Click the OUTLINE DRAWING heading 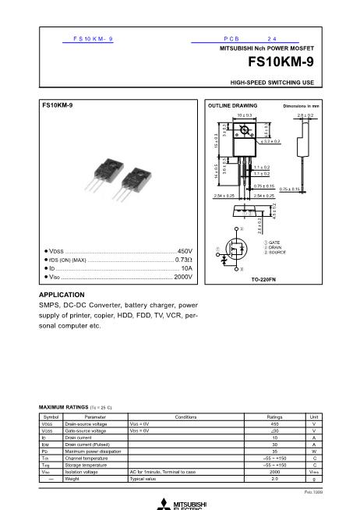click(231, 104)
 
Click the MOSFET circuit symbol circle click(233, 249)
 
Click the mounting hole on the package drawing click(244, 131)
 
